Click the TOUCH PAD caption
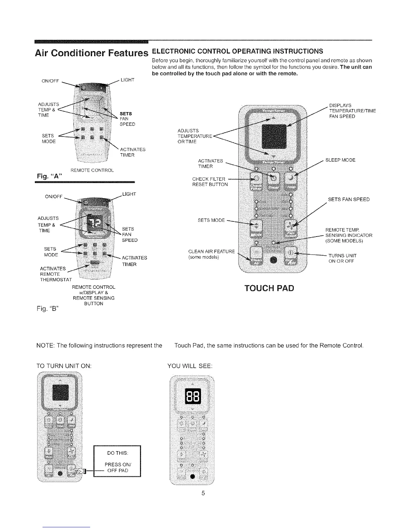(269, 288)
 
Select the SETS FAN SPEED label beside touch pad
(349, 199)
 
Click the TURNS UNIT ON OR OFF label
(342, 258)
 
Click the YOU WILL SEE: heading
(190, 366)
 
